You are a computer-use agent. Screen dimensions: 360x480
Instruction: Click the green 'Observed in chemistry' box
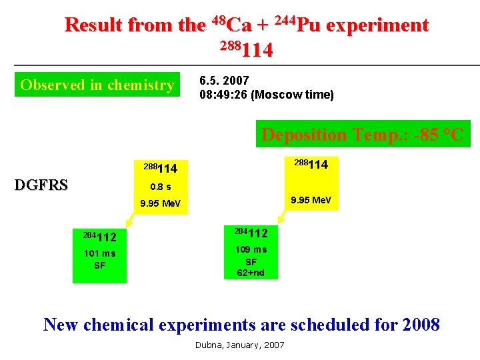click(97, 85)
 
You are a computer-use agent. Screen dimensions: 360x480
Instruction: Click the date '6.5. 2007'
click(224, 81)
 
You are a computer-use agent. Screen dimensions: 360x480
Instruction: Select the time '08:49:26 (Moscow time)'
click(267, 95)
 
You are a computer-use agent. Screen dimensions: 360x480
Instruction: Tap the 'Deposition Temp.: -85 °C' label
click(362, 135)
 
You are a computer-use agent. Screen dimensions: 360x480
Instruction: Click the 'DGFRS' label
click(41, 185)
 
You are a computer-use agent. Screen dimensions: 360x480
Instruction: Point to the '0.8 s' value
click(160, 187)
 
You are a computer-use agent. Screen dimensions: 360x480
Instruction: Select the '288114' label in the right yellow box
click(311, 164)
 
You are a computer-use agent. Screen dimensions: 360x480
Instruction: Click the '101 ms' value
click(99, 253)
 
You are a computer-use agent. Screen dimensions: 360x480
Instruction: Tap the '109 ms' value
click(251, 249)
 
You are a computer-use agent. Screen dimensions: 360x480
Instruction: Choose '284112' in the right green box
click(251, 233)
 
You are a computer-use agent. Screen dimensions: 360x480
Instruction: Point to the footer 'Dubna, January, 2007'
click(239, 345)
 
